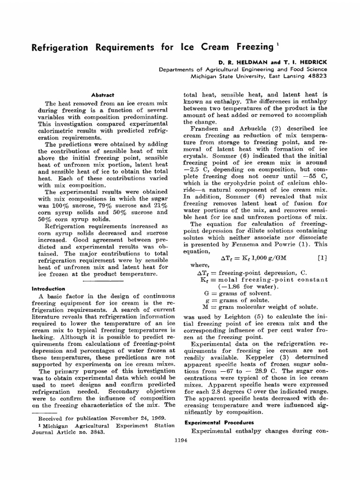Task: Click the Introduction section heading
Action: coord(48,289)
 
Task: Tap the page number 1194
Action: coord(180,440)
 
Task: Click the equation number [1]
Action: coord(322,257)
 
